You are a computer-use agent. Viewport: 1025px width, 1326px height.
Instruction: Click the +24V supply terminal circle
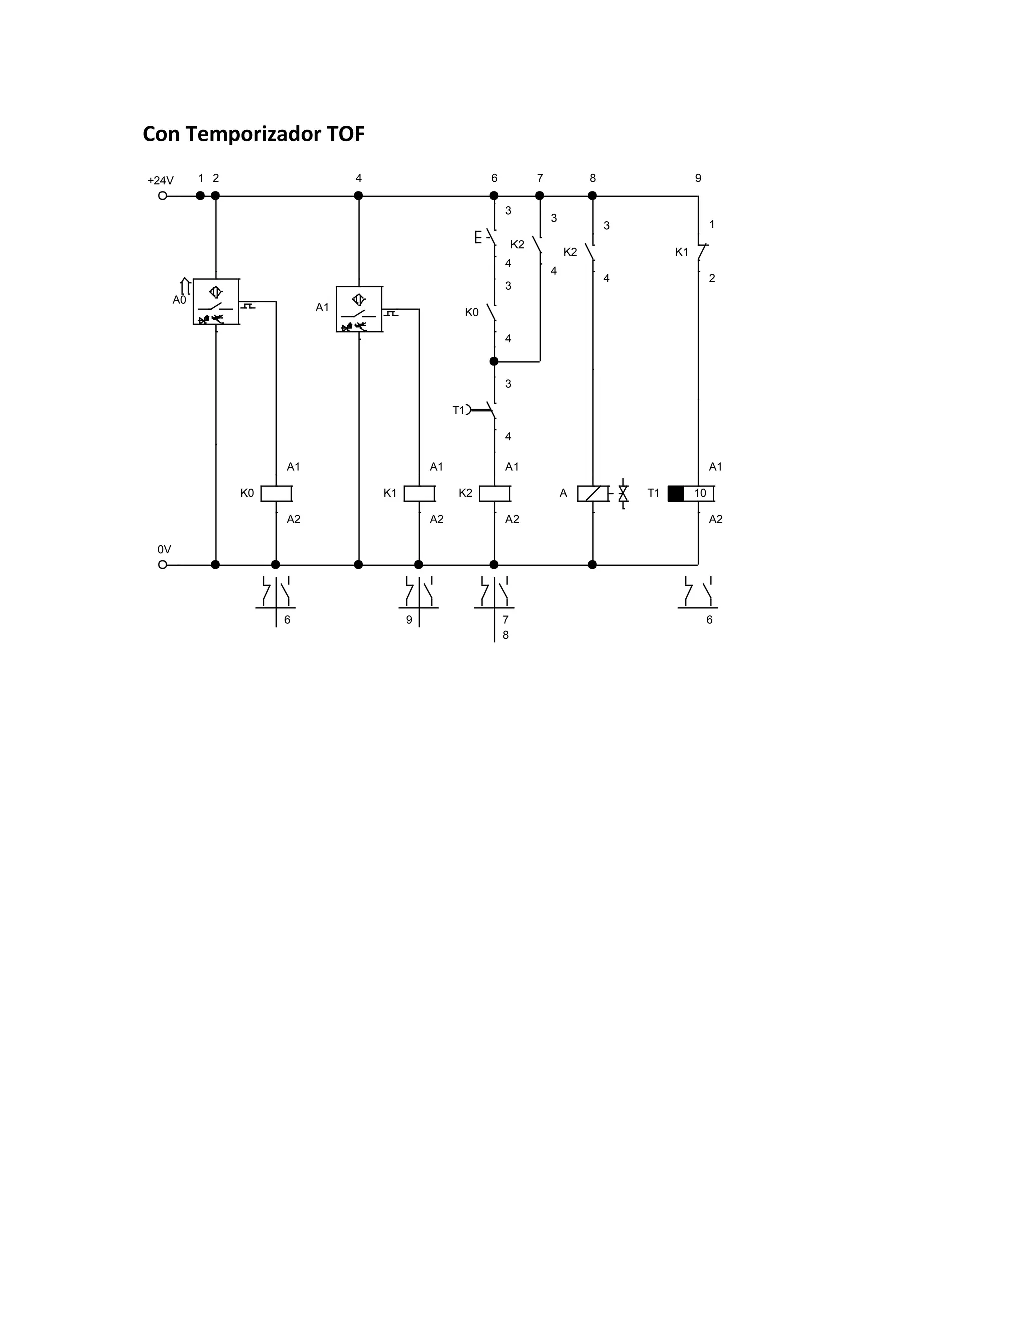(162, 196)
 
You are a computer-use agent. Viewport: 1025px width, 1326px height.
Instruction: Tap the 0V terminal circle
(162, 564)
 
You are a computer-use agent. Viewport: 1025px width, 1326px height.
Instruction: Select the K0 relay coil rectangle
(276, 493)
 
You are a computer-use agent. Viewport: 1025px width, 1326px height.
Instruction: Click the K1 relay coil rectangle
(419, 493)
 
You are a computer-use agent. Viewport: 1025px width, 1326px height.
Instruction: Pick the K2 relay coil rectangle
(494, 493)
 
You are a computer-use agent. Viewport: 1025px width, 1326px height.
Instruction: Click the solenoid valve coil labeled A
(592, 493)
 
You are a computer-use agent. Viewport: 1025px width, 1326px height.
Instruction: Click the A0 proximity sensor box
(216, 302)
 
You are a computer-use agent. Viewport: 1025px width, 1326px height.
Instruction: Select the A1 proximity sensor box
(359, 310)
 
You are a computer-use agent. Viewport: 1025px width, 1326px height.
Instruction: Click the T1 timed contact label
(458, 410)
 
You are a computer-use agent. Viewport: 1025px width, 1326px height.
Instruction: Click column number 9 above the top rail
(698, 178)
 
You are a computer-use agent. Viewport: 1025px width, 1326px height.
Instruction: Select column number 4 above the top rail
(358, 178)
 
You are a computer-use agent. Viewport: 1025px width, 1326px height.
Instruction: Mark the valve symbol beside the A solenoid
(623, 493)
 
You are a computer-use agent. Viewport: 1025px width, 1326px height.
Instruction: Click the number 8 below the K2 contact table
(506, 635)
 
